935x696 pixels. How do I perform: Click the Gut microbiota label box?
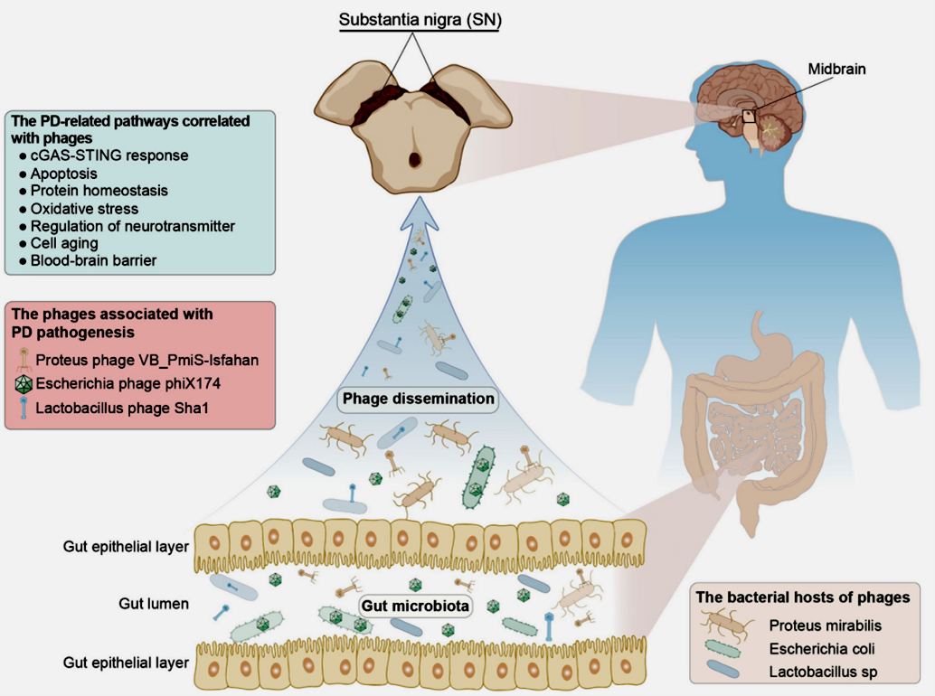tap(416, 606)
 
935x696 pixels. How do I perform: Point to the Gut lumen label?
tap(154, 603)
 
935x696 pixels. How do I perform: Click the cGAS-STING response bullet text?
tap(109, 155)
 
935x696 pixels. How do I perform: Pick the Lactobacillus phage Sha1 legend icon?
tap(22, 409)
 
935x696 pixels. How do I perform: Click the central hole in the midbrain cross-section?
tap(414, 160)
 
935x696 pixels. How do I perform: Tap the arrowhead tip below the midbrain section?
tap(414, 201)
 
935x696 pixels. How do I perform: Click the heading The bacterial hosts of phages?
tap(803, 597)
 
